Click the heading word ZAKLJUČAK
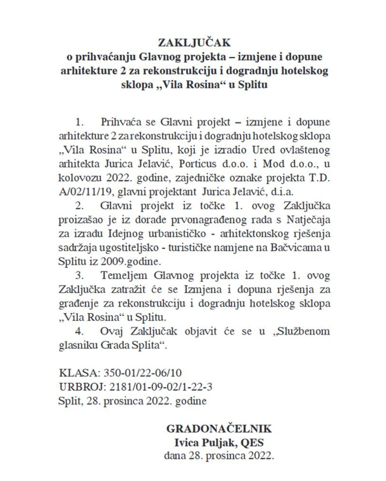(194, 43)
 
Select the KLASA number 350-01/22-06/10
(143, 373)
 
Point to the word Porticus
(198, 164)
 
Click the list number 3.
(79, 276)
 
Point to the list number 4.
(79, 331)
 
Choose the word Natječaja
(308, 220)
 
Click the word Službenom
(304, 331)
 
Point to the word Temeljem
(124, 276)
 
